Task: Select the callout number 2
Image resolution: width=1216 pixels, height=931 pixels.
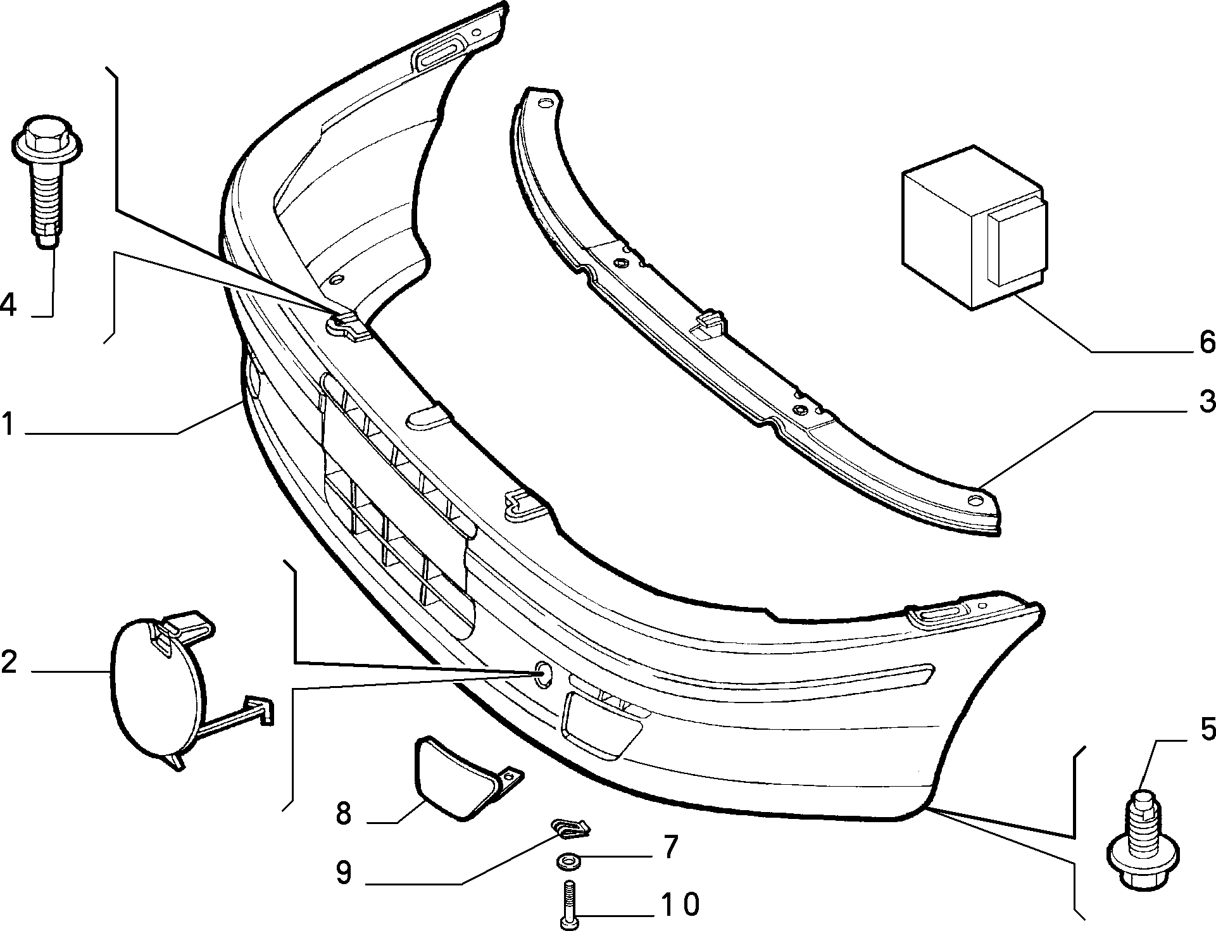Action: (x=9, y=661)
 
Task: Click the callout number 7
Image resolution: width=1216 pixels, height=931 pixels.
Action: (x=670, y=847)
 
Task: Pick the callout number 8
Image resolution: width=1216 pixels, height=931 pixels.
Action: (x=344, y=813)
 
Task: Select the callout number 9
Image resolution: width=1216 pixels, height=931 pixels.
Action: (x=344, y=873)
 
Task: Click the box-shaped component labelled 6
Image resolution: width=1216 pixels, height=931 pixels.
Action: (x=974, y=228)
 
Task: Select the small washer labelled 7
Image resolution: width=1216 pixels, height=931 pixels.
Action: (x=567, y=861)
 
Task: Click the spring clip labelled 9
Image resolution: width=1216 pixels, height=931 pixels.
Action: (x=570, y=827)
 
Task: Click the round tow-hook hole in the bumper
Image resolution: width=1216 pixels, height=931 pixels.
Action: (x=543, y=675)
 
